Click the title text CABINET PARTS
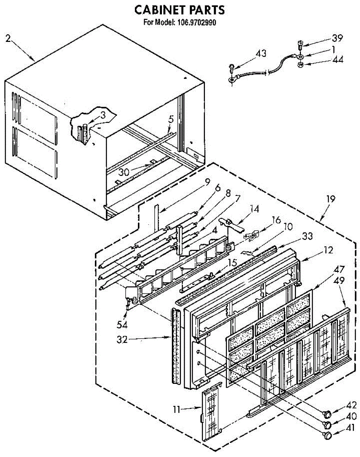(179, 10)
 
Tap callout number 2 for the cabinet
(8, 38)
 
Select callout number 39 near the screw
(337, 38)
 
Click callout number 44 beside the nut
(338, 60)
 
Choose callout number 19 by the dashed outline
(331, 199)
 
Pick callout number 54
(122, 325)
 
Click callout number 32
(122, 340)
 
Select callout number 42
(351, 405)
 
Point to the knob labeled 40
(327, 425)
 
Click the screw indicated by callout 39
(300, 45)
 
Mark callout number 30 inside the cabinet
(123, 172)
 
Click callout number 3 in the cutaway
(103, 115)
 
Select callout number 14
(254, 209)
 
